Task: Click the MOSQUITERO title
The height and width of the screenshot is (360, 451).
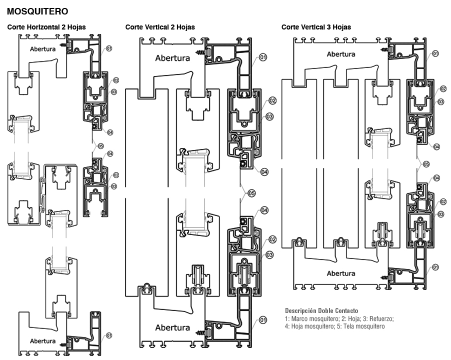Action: [37, 11]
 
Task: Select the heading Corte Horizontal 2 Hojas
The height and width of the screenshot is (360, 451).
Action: [46, 27]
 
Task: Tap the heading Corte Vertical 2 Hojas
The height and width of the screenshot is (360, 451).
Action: [160, 27]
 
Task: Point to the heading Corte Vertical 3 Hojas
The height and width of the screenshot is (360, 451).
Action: [316, 27]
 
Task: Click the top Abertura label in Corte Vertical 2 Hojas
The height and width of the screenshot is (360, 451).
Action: [172, 58]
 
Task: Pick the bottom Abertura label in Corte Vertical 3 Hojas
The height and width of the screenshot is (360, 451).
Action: [341, 273]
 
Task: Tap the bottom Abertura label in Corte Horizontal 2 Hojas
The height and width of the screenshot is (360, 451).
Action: [42, 341]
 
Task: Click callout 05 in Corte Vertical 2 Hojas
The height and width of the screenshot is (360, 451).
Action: [251, 193]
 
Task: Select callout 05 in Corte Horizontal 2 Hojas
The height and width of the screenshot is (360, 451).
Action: [100, 146]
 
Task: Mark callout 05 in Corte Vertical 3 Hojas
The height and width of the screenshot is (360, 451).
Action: [426, 164]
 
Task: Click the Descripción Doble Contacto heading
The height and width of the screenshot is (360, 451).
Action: [321, 310]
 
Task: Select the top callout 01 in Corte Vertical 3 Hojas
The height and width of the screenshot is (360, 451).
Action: [435, 53]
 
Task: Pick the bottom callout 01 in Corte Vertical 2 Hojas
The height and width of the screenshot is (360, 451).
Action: [263, 319]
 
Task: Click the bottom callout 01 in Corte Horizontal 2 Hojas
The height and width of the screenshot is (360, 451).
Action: [108, 335]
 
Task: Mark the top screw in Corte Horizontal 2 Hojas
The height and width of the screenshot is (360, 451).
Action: [64, 45]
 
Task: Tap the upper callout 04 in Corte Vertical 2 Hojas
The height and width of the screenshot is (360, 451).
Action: [264, 172]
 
